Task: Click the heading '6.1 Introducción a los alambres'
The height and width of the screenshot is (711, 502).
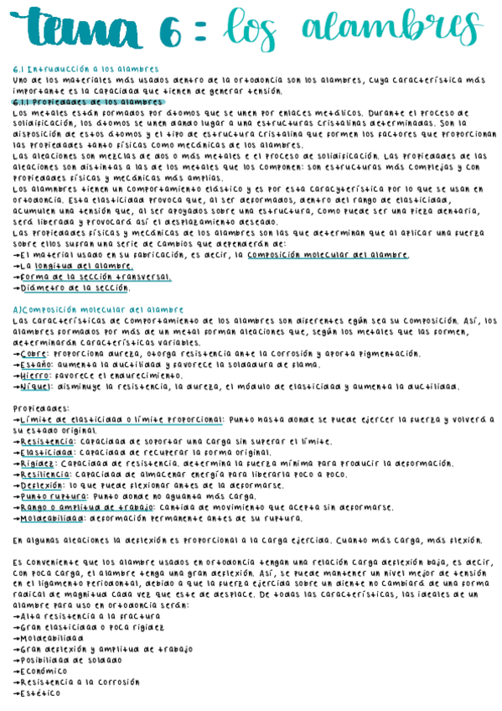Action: (85, 69)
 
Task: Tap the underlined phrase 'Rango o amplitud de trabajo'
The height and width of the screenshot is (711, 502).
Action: (80, 506)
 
